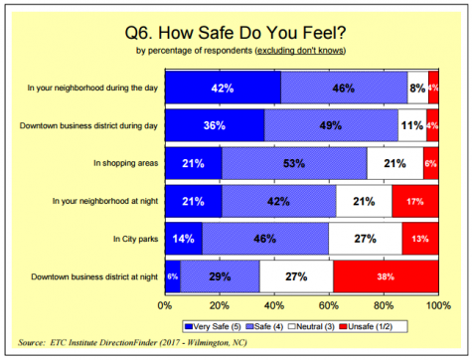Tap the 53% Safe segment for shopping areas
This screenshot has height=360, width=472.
[293, 163]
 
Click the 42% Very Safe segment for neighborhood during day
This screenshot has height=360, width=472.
[222, 88]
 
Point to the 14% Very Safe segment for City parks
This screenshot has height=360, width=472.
[183, 239]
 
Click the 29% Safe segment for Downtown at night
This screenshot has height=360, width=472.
[220, 276]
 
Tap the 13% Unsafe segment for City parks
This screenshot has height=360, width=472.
[420, 239]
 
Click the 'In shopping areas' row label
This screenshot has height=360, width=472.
[123, 163]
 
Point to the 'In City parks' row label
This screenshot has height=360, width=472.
[131, 239]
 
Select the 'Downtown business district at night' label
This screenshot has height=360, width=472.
[93, 276]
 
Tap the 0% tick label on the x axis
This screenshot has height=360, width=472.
[165, 307]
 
